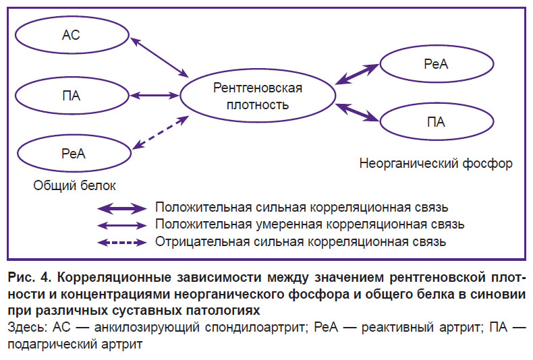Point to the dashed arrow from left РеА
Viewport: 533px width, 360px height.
pos(160,132)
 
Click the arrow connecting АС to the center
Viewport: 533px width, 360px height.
pos(159,57)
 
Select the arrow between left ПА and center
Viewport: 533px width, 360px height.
pos(155,96)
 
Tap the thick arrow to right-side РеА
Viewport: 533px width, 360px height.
pos(357,74)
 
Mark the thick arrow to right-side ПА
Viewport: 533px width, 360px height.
pos(357,112)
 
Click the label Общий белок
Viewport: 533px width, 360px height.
pos(74,185)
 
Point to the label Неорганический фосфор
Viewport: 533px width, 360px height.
pos(436,163)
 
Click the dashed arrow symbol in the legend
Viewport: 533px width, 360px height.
pos(121,243)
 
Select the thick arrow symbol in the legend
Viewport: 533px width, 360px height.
pos(121,208)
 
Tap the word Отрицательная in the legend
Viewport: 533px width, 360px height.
pos(202,242)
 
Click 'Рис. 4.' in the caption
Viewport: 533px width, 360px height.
pos(30,278)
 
